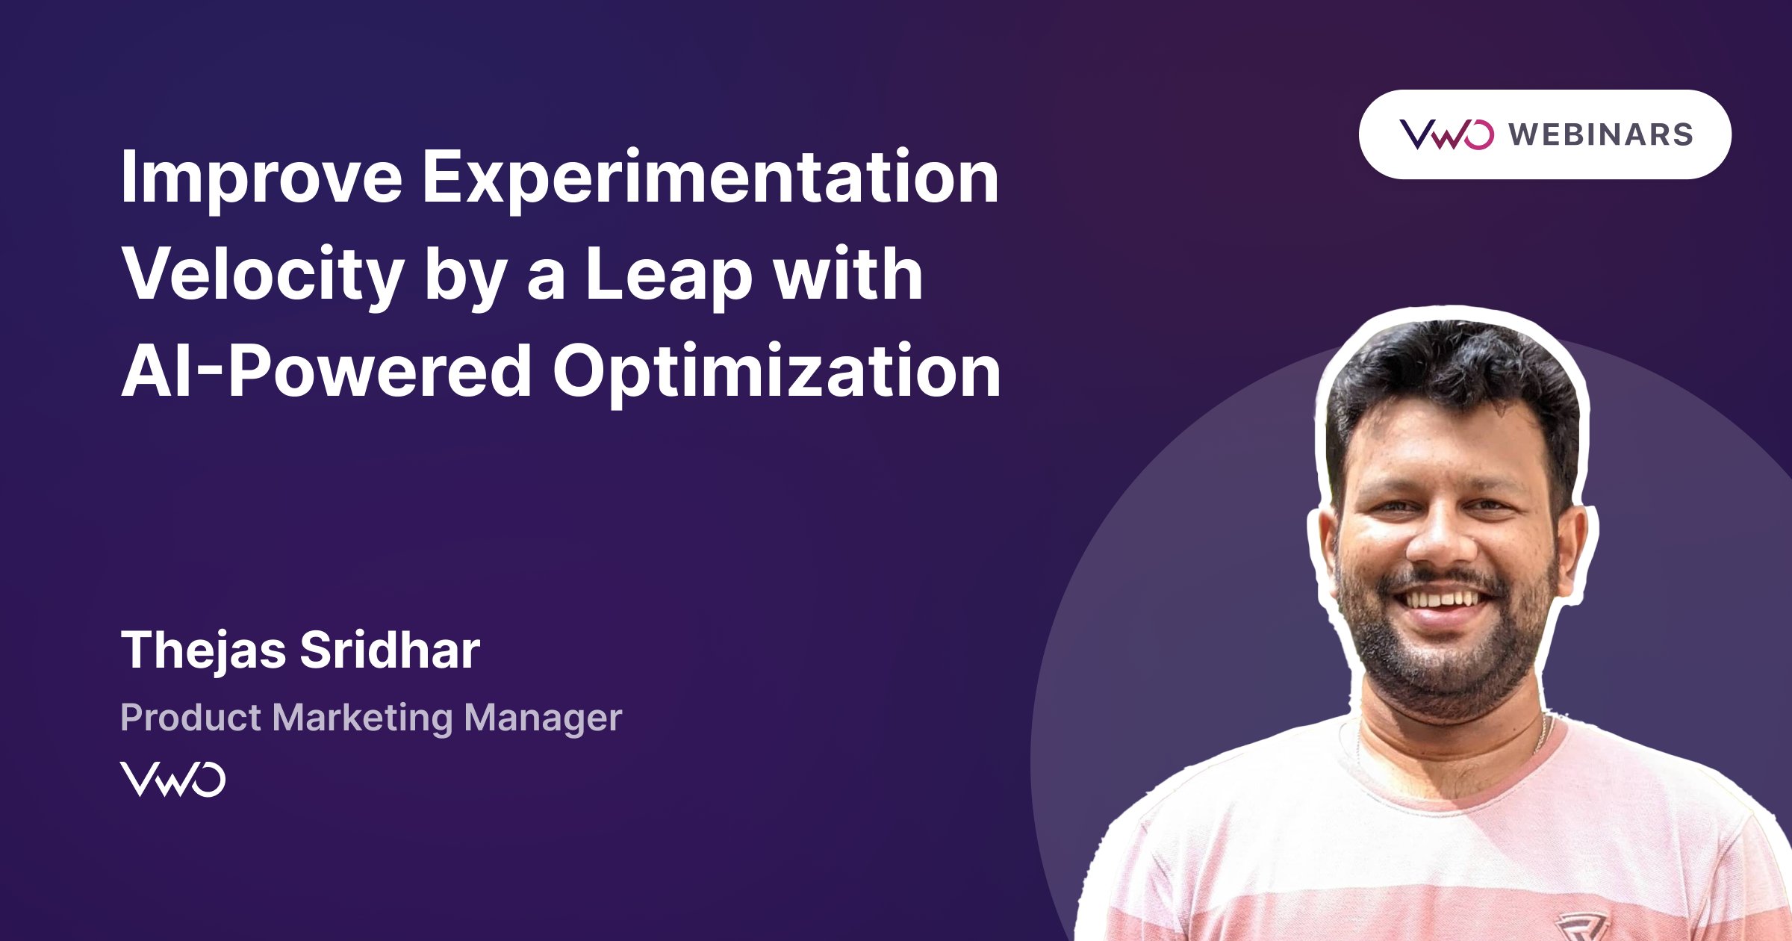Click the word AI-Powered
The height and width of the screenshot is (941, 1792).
(326, 372)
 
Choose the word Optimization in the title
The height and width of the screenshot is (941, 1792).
(777, 372)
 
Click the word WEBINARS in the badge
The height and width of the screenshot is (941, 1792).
(1600, 135)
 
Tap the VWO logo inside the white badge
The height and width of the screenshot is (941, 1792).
(1446, 134)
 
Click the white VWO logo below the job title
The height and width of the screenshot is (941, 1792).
(172, 779)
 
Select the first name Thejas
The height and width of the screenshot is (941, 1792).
(203, 650)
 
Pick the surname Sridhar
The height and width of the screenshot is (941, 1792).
(390, 650)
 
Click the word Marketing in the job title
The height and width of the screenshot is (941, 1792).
(362, 718)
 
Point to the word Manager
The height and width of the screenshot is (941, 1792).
(542, 718)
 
